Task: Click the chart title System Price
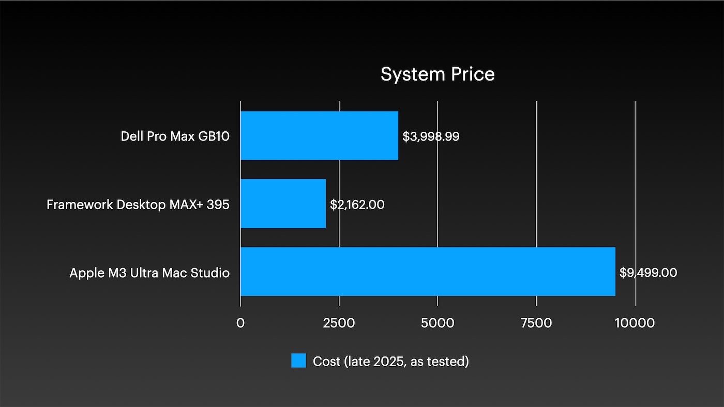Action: [x=438, y=74]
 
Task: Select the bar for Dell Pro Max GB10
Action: [x=319, y=136]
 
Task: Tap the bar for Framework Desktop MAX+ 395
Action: [x=283, y=204]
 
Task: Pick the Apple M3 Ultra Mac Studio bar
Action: [x=428, y=272]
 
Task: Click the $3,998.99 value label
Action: [x=431, y=137]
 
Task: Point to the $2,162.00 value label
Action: [x=357, y=205]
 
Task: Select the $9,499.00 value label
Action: [x=648, y=273]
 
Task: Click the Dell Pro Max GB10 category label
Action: [x=175, y=137]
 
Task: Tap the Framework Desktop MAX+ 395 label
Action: [x=138, y=205]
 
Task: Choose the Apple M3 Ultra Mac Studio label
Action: [x=149, y=273]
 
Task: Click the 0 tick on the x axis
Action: [x=240, y=323]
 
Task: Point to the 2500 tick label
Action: [x=339, y=323]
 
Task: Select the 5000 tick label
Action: [x=438, y=323]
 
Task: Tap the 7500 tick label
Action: [x=536, y=323]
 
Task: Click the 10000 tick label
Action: [x=635, y=323]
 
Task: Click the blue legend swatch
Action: [x=298, y=361]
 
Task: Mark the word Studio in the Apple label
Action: [x=212, y=273]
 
